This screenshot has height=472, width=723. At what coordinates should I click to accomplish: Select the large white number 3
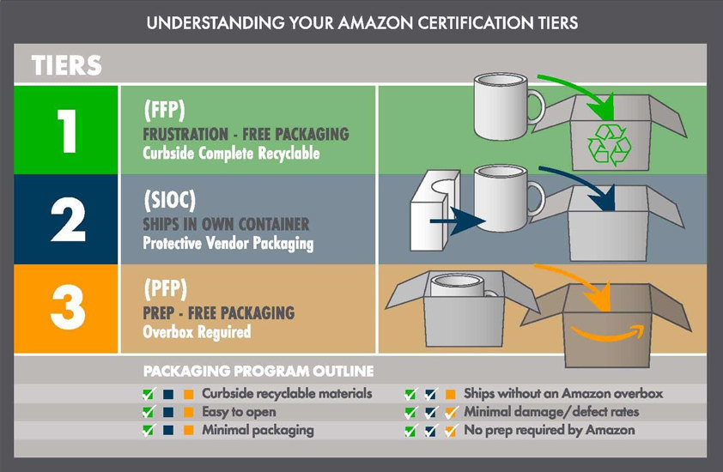tap(67, 309)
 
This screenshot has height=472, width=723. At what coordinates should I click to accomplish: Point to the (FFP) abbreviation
tap(166, 112)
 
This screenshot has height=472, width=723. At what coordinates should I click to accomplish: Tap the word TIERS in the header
tap(67, 65)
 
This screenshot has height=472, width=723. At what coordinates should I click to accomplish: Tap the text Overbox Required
tap(196, 331)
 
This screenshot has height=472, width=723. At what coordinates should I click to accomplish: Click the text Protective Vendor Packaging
tap(228, 243)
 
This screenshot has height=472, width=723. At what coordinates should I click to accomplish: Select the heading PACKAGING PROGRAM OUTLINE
tap(258, 372)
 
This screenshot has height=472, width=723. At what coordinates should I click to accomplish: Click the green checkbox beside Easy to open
tap(149, 412)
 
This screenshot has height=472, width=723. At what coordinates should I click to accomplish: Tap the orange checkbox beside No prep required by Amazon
tap(450, 430)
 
